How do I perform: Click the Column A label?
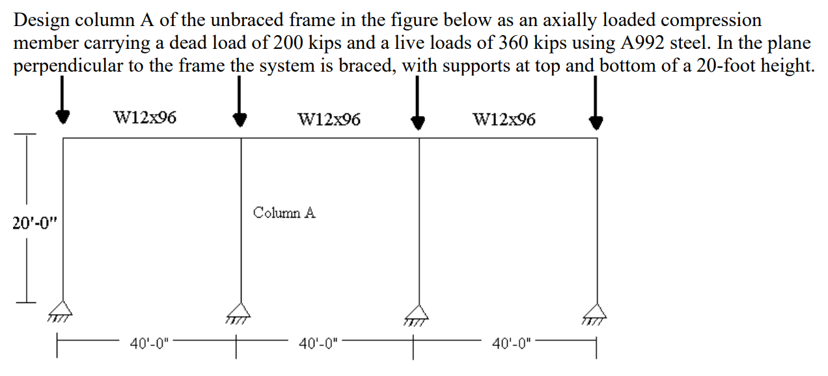coord(284,213)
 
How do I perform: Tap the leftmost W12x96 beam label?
coord(145,118)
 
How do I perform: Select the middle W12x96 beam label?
coord(329,119)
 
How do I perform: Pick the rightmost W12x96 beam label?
coord(505,119)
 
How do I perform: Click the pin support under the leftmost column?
coord(62,310)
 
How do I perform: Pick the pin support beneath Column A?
coord(240,311)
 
